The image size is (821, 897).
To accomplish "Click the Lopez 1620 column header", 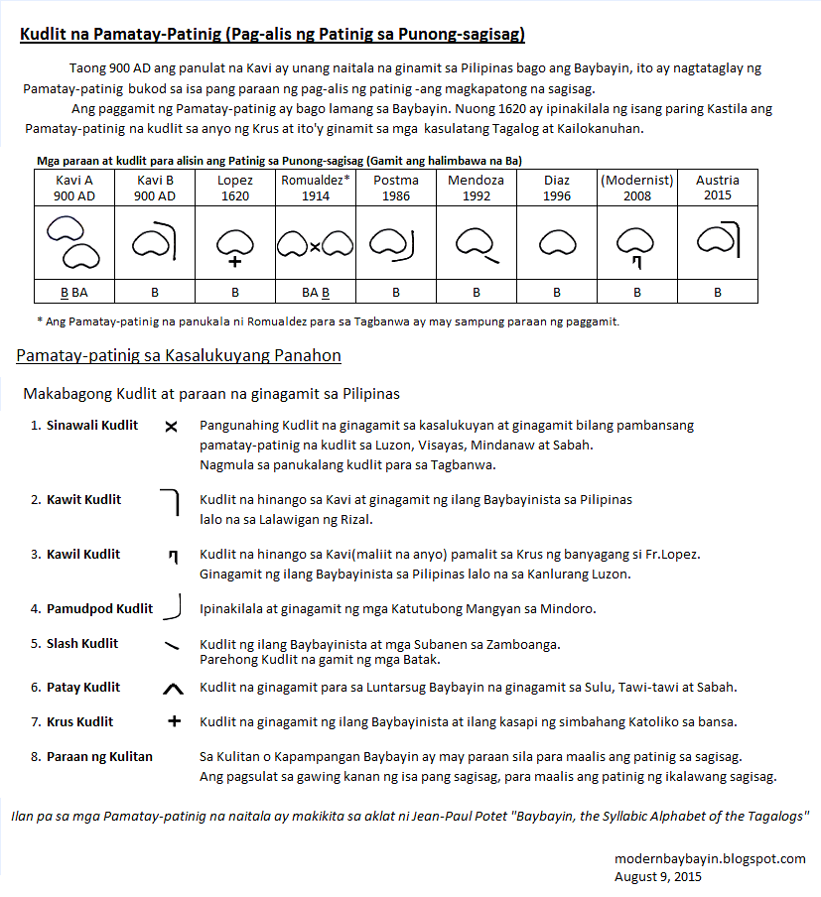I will pyautogui.click(x=234, y=188).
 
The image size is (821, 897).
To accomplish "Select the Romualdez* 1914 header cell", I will pyautogui.click(x=315, y=188).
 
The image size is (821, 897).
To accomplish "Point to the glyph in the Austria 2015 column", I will pyautogui.click(x=717, y=238).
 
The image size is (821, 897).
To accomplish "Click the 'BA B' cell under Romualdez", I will pyautogui.click(x=315, y=293).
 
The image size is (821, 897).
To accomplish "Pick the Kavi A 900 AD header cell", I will pyautogui.click(x=73, y=188).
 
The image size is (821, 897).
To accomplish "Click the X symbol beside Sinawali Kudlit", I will pyautogui.click(x=171, y=427).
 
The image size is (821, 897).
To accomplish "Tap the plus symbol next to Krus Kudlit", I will pyautogui.click(x=175, y=721).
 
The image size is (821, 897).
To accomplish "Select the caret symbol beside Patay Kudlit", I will pyautogui.click(x=173, y=687).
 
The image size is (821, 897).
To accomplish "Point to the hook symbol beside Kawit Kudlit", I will pyautogui.click(x=171, y=502).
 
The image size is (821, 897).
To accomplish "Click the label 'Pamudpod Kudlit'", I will pyautogui.click(x=99, y=608).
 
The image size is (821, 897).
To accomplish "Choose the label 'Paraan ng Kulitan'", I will pyautogui.click(x=99, y=756).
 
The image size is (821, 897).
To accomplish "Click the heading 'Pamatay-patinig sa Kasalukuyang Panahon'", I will pyautogui.click(x=179, y=355).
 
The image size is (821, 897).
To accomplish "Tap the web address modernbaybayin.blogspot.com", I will pyautogui.click(x=710, y=858).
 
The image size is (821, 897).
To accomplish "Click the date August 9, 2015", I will pyautogui.click(x=658, y=876).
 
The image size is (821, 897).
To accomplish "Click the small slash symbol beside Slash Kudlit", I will pyautogui.click(x=172, y=645).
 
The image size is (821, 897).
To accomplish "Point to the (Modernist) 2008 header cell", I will pyautogui.click(x=636, y=188).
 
